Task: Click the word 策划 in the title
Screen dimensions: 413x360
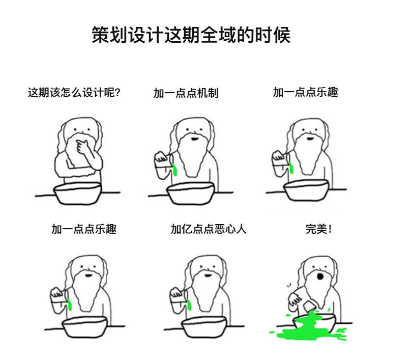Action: tap(109, 35)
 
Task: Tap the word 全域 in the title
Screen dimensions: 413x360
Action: tap(218, 35)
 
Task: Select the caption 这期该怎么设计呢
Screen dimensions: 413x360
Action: tap(71, 93)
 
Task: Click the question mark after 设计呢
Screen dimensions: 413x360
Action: tap(117, 93)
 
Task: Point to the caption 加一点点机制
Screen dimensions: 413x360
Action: tap(186, 93)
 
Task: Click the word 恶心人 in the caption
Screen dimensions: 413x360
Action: tap(230, 229)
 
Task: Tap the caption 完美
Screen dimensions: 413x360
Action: tap(316, 229)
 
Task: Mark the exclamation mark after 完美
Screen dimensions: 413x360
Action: tap(330, 229)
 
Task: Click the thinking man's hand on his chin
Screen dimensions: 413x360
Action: tap(82, 146)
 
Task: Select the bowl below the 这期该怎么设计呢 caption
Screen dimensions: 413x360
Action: tap(78, 193)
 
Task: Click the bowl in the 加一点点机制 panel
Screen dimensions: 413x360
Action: tap(191, 193)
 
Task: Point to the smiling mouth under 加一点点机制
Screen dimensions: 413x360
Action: tap(194, 139)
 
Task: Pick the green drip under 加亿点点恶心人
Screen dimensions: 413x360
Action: tap(189, 303)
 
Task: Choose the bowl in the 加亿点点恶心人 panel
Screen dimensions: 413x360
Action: tap(204, 327)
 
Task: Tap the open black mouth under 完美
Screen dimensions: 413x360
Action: tap(320, 276)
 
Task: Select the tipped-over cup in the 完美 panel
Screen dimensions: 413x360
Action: tap(310, 306)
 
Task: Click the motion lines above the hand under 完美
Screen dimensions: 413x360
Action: tap(289, 285)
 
